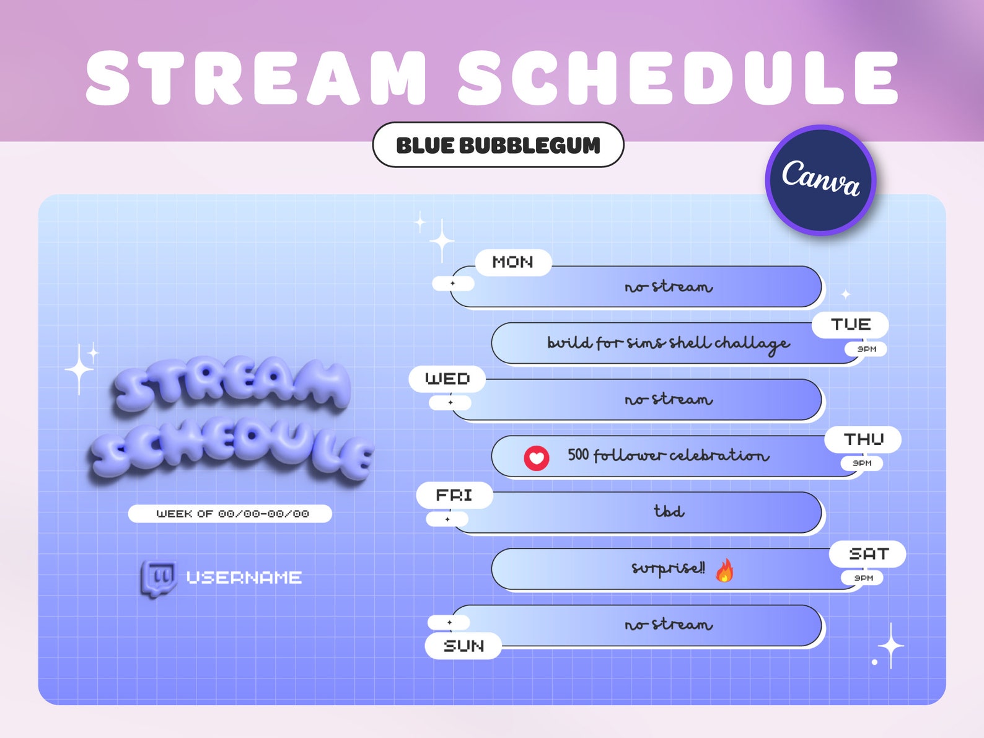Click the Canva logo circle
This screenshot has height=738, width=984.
click(x=820, y=180)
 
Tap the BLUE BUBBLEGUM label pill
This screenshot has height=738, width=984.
click(x=498, y=145)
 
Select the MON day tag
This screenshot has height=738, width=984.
click(x=513, y=262)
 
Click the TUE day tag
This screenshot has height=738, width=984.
click(x=850, y=325)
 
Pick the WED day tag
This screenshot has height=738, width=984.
click(x=447, y=379)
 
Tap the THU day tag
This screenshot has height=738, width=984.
click(x=863, y=439)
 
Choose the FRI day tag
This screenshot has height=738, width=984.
click(x=454, y=495)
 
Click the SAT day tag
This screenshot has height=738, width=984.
click(x=868, y=553)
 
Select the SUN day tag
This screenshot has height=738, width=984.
click(x=463, y=646)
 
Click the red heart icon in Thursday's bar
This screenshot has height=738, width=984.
click(x=537, y=459)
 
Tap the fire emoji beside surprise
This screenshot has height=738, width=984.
click(x=724, y=570)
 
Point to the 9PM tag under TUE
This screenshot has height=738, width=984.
click(x=866, y=349)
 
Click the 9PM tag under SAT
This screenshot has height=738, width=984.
click(x=863, y=578)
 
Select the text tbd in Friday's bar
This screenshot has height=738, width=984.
click(x=669, y=511)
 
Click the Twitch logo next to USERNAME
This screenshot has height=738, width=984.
click(x=159, y=578)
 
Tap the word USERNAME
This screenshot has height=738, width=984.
click(x=244, y=578)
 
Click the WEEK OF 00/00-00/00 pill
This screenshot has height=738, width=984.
click(x=230, y=514)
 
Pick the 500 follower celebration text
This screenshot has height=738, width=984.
click(x=668, y=455)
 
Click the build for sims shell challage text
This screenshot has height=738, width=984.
click(x=668, y=343)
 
